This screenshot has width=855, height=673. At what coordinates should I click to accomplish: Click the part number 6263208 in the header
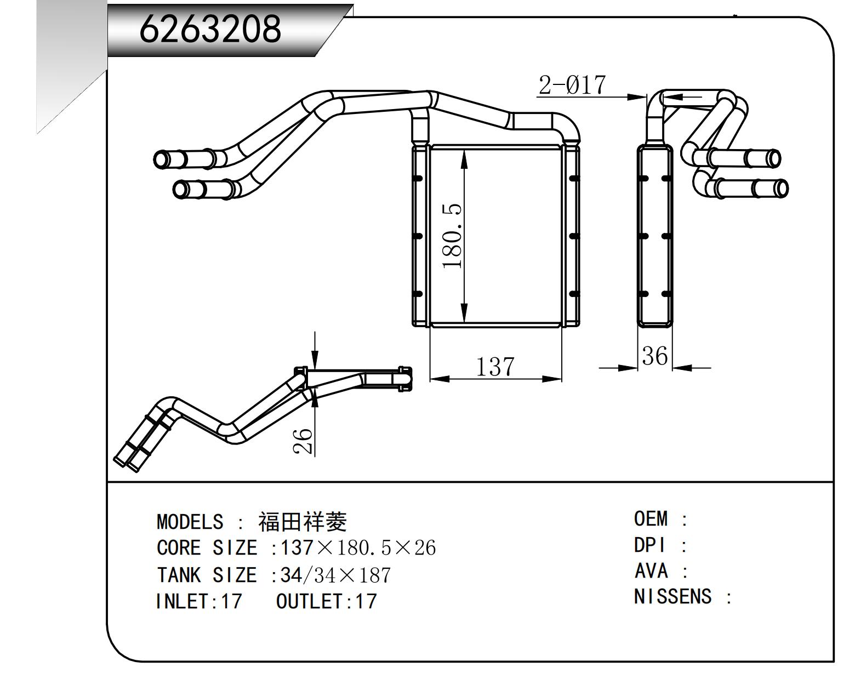[210, 28]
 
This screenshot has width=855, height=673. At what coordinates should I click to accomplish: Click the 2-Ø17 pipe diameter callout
[572, 85]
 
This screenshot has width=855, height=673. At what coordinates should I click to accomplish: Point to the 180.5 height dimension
[453, 236]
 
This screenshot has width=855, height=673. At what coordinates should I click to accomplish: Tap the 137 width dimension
[495, 367]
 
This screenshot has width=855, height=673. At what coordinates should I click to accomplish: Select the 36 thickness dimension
[654, 356]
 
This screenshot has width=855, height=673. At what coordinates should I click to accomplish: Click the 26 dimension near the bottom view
[303, 441]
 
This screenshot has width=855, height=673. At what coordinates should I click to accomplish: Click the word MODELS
[190, 522]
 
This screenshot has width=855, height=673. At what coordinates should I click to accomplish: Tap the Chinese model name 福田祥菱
[303, 522]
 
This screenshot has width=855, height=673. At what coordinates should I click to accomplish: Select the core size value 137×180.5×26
[358, 547]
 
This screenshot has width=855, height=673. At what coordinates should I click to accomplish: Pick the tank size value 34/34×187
[335, 575]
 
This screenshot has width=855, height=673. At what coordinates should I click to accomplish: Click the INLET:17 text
[198, 601]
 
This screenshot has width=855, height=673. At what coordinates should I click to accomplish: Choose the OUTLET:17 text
[327, 601]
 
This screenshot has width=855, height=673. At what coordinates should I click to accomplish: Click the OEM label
[651, 518]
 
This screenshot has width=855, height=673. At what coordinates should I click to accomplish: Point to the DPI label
[650, 545]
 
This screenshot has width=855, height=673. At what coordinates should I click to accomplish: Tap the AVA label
[651, 571]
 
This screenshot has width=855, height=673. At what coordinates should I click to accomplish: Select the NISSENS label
[672, 596]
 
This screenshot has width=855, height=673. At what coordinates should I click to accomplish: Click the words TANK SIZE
[207, 575]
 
